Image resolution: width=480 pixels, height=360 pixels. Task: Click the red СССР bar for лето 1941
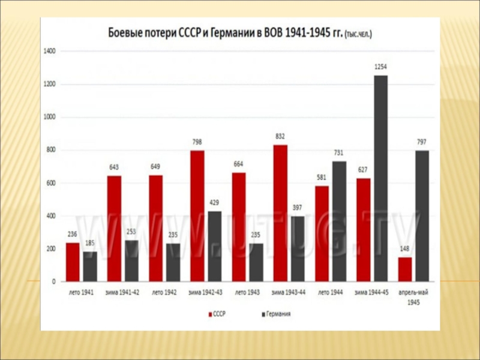73,262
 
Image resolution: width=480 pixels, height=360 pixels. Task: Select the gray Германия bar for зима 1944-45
380,178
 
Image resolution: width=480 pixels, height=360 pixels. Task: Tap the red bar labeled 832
280,213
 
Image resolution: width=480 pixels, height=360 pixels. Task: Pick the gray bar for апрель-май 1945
422,215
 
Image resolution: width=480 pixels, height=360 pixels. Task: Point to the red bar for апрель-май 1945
405,269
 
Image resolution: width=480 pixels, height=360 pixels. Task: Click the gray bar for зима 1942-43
214,246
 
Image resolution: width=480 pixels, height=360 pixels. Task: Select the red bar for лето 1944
321,233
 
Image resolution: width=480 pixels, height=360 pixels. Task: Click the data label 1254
380,68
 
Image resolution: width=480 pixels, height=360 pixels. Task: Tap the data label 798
197,143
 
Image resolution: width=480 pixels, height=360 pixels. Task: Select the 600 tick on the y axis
51,183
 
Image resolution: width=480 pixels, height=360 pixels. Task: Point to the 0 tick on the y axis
54,281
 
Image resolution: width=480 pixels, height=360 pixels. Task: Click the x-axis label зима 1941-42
122,292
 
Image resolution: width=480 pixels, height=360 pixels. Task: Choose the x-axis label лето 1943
247,292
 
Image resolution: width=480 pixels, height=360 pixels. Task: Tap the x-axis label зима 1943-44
288,292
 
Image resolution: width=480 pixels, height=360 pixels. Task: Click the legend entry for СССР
220,314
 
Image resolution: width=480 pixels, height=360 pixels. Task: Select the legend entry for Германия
276,314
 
